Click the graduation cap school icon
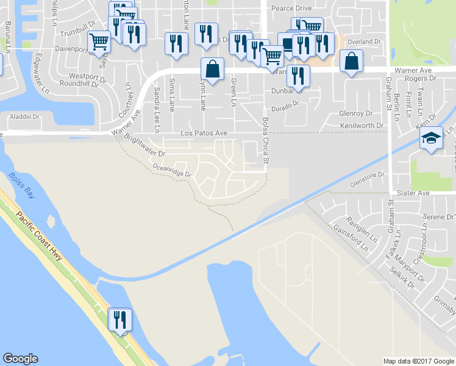[431, 139]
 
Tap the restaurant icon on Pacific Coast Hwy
[119, 320]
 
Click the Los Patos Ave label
[204, 133]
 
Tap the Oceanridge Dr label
[172, 170]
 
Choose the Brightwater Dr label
[144, 147]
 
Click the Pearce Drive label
[291, 9]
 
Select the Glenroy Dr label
[355, 113]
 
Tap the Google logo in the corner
[20, 359]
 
